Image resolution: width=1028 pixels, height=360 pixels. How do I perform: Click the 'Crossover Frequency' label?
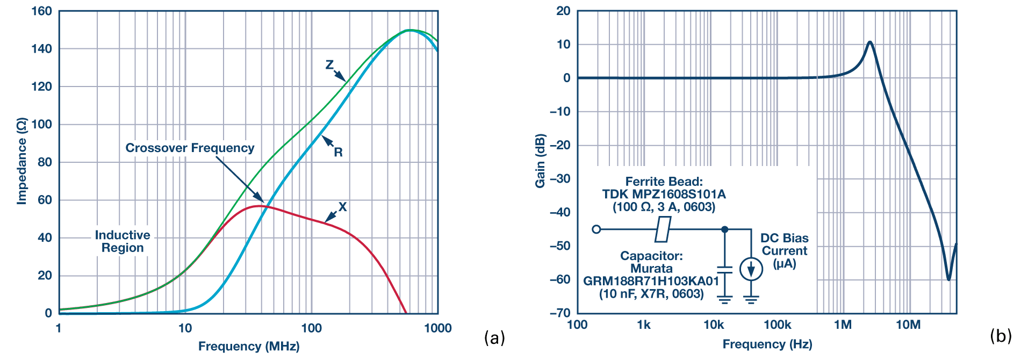click(190, 148)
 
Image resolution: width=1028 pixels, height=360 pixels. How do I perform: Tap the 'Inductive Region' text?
click(123, 241)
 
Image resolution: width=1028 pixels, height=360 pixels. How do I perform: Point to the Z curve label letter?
click(329, 65)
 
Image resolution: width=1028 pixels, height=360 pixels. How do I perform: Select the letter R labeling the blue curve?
click(338, 152)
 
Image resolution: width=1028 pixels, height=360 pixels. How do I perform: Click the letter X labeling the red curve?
click(342, 207)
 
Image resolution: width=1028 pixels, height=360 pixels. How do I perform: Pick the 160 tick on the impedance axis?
click(42, 11)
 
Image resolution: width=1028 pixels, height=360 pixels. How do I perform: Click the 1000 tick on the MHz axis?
click(437, 328)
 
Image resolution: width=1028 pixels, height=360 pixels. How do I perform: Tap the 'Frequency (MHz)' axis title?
click(248, 346)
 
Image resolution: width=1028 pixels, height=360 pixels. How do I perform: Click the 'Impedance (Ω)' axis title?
click(21, 161)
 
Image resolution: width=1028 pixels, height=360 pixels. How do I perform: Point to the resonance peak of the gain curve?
click(869, 42)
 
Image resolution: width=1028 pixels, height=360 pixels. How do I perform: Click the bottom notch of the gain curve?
click(948, 279)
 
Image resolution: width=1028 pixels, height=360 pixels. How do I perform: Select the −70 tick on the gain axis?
click(560, 313)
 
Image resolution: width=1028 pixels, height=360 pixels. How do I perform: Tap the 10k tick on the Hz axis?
click(714, 325)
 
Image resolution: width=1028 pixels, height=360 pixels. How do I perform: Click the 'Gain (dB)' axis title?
click(540, 161)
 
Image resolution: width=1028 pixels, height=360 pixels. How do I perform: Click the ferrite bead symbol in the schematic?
click(663, 229)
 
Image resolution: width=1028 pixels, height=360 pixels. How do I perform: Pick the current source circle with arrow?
click(751, 269)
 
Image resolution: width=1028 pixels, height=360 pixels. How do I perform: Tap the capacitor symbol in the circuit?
click(724, 269)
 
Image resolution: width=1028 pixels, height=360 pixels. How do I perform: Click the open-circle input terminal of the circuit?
click(596, 229)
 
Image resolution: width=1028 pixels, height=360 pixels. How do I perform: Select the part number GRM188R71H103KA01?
click(651, 281)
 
